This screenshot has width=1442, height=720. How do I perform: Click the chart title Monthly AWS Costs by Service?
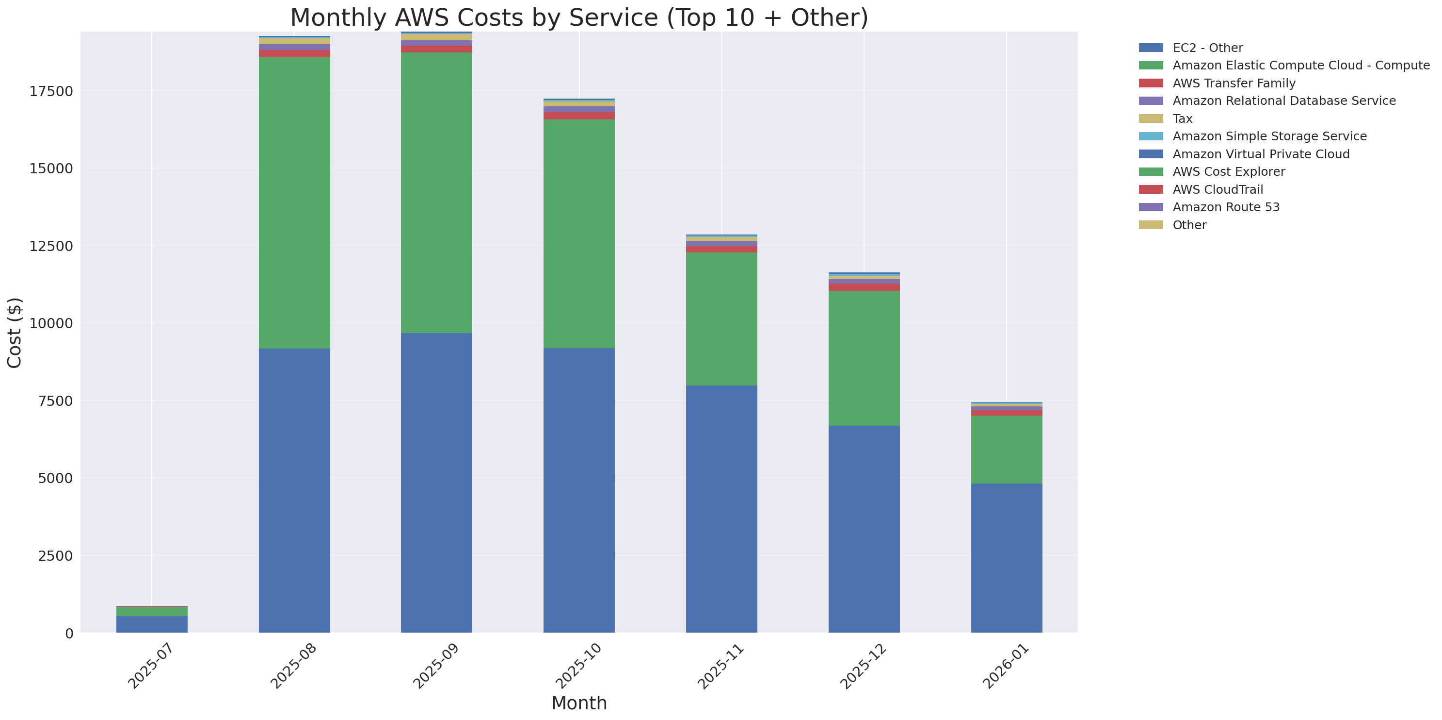point(579,17)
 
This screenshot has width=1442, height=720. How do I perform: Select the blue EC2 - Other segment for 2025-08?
point(294,490)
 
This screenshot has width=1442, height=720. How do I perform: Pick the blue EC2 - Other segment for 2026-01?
point(1006,557)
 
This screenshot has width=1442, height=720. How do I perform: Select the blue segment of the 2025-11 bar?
point(721,509)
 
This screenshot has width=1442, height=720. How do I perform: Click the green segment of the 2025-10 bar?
point(579,234)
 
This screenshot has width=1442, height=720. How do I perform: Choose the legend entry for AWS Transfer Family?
point(1234,84)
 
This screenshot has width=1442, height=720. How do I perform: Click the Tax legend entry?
point(1182,119)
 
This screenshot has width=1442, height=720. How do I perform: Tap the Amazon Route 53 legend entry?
point(1225,207)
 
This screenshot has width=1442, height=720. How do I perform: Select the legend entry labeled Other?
point(1189,225)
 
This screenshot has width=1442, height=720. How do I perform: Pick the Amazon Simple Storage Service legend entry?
point(1269,136)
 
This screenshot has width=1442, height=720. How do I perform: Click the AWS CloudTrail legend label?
point(1218,189)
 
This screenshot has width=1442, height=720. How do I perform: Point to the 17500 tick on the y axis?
point(51,91)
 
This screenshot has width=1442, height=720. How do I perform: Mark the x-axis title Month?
point(579,703)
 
